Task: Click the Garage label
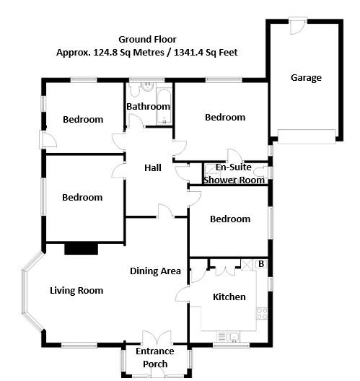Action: pos(306,78)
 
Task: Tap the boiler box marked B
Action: pos(260,265)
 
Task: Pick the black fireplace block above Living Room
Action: pos(81,249)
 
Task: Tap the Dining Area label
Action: pos(155,271)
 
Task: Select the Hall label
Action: pos(153,168)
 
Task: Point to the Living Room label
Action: pos(76,291)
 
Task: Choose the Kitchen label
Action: pos(229,297)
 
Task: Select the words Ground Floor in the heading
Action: pos(146,39)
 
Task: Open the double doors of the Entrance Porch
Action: pos(155,338)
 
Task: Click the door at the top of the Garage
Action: pos(296,27)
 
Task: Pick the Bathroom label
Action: pos(148,107)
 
